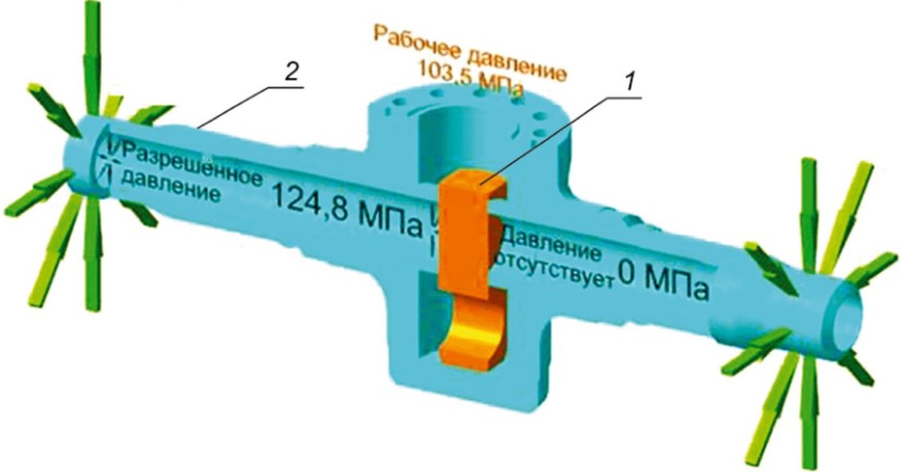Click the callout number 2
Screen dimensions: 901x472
point(292,74)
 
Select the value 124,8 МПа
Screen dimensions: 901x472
point(345,212)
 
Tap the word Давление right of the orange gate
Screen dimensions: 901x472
point(553,245)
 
